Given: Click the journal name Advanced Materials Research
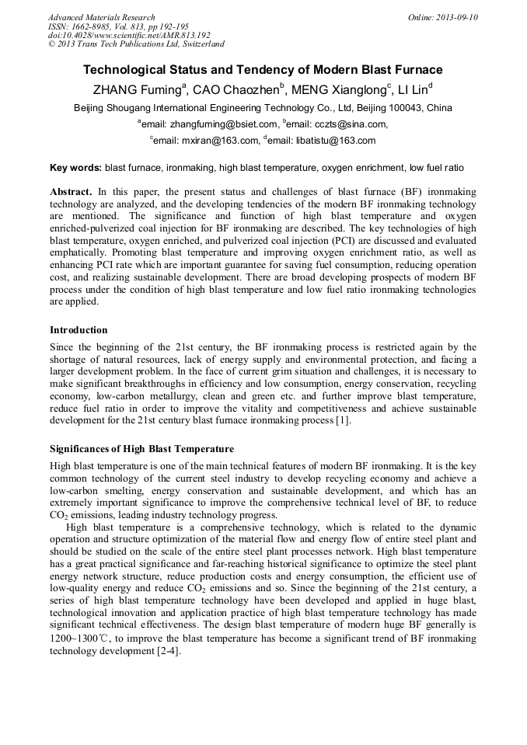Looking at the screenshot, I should tap(102, 17).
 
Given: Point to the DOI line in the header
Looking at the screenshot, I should tap(129, 35).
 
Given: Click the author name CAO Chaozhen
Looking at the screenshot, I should tap(234, 89).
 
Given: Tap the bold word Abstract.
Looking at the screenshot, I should tap(72, 191).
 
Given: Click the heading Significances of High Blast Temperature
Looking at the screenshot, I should tap(141, 449).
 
